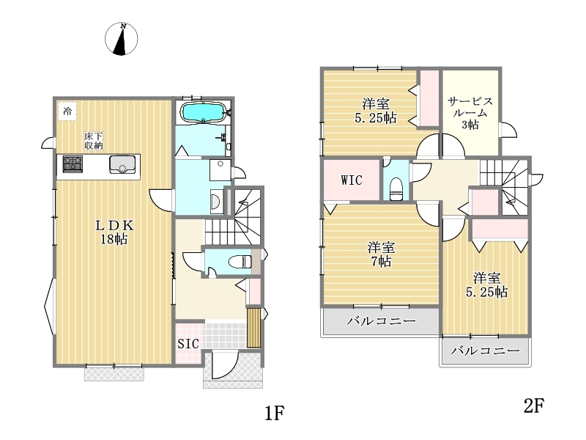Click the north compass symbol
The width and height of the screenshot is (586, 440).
121,39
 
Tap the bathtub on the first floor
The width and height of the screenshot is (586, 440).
203,112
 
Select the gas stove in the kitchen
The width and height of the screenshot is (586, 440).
73,164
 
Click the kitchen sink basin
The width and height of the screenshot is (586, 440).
122,164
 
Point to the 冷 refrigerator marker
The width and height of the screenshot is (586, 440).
67,111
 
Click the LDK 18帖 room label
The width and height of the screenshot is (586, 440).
114,232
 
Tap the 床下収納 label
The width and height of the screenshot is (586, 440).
94,141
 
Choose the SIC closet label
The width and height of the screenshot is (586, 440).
188,344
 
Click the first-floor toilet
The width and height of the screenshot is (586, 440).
240,262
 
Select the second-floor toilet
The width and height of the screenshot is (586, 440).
396,189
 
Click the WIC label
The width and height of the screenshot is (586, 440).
352,180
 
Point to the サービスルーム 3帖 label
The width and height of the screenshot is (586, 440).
470,113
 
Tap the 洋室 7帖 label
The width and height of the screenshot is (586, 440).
381,254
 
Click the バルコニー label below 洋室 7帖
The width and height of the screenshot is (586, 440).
381,321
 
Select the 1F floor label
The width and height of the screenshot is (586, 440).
275,413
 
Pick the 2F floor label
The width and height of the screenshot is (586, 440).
534,406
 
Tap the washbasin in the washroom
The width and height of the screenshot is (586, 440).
215,201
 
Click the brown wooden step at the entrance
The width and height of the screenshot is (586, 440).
253,328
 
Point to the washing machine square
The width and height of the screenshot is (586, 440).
220,170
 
